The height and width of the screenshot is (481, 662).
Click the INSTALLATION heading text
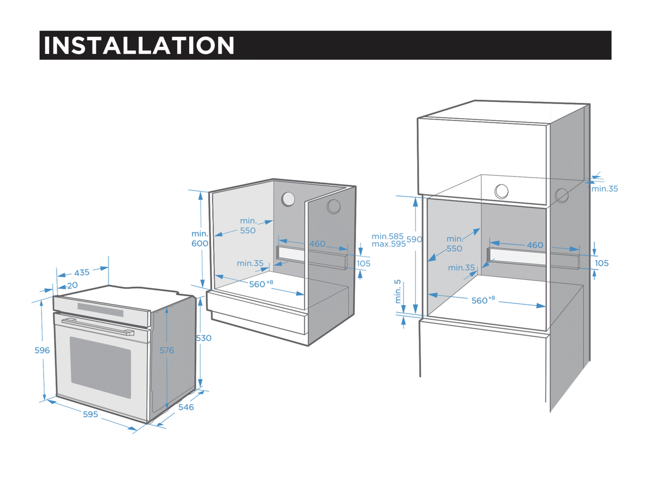(139, 45)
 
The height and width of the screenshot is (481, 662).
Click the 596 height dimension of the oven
(42, 350)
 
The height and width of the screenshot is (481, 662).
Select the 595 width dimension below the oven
(91, 415)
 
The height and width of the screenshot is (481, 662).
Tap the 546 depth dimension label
(186, 407)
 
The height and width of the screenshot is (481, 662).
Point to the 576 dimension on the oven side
(167, 350)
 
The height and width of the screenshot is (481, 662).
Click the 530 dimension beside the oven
(203, 338)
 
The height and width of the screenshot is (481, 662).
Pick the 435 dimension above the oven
(82, 272)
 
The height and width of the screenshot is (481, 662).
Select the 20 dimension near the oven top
(72, 285)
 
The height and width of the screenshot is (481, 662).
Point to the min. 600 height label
(200, 239)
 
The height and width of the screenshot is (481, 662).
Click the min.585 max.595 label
(388, 240)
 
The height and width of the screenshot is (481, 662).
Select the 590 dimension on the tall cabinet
(415, 239)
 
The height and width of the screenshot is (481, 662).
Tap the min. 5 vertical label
(398, 292)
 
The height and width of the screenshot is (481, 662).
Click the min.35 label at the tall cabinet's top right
(605, 188)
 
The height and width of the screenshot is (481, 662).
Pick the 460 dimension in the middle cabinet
(317, 243)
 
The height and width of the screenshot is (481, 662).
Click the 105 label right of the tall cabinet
(601, 263)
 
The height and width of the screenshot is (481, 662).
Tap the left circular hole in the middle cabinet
(288, 199)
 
